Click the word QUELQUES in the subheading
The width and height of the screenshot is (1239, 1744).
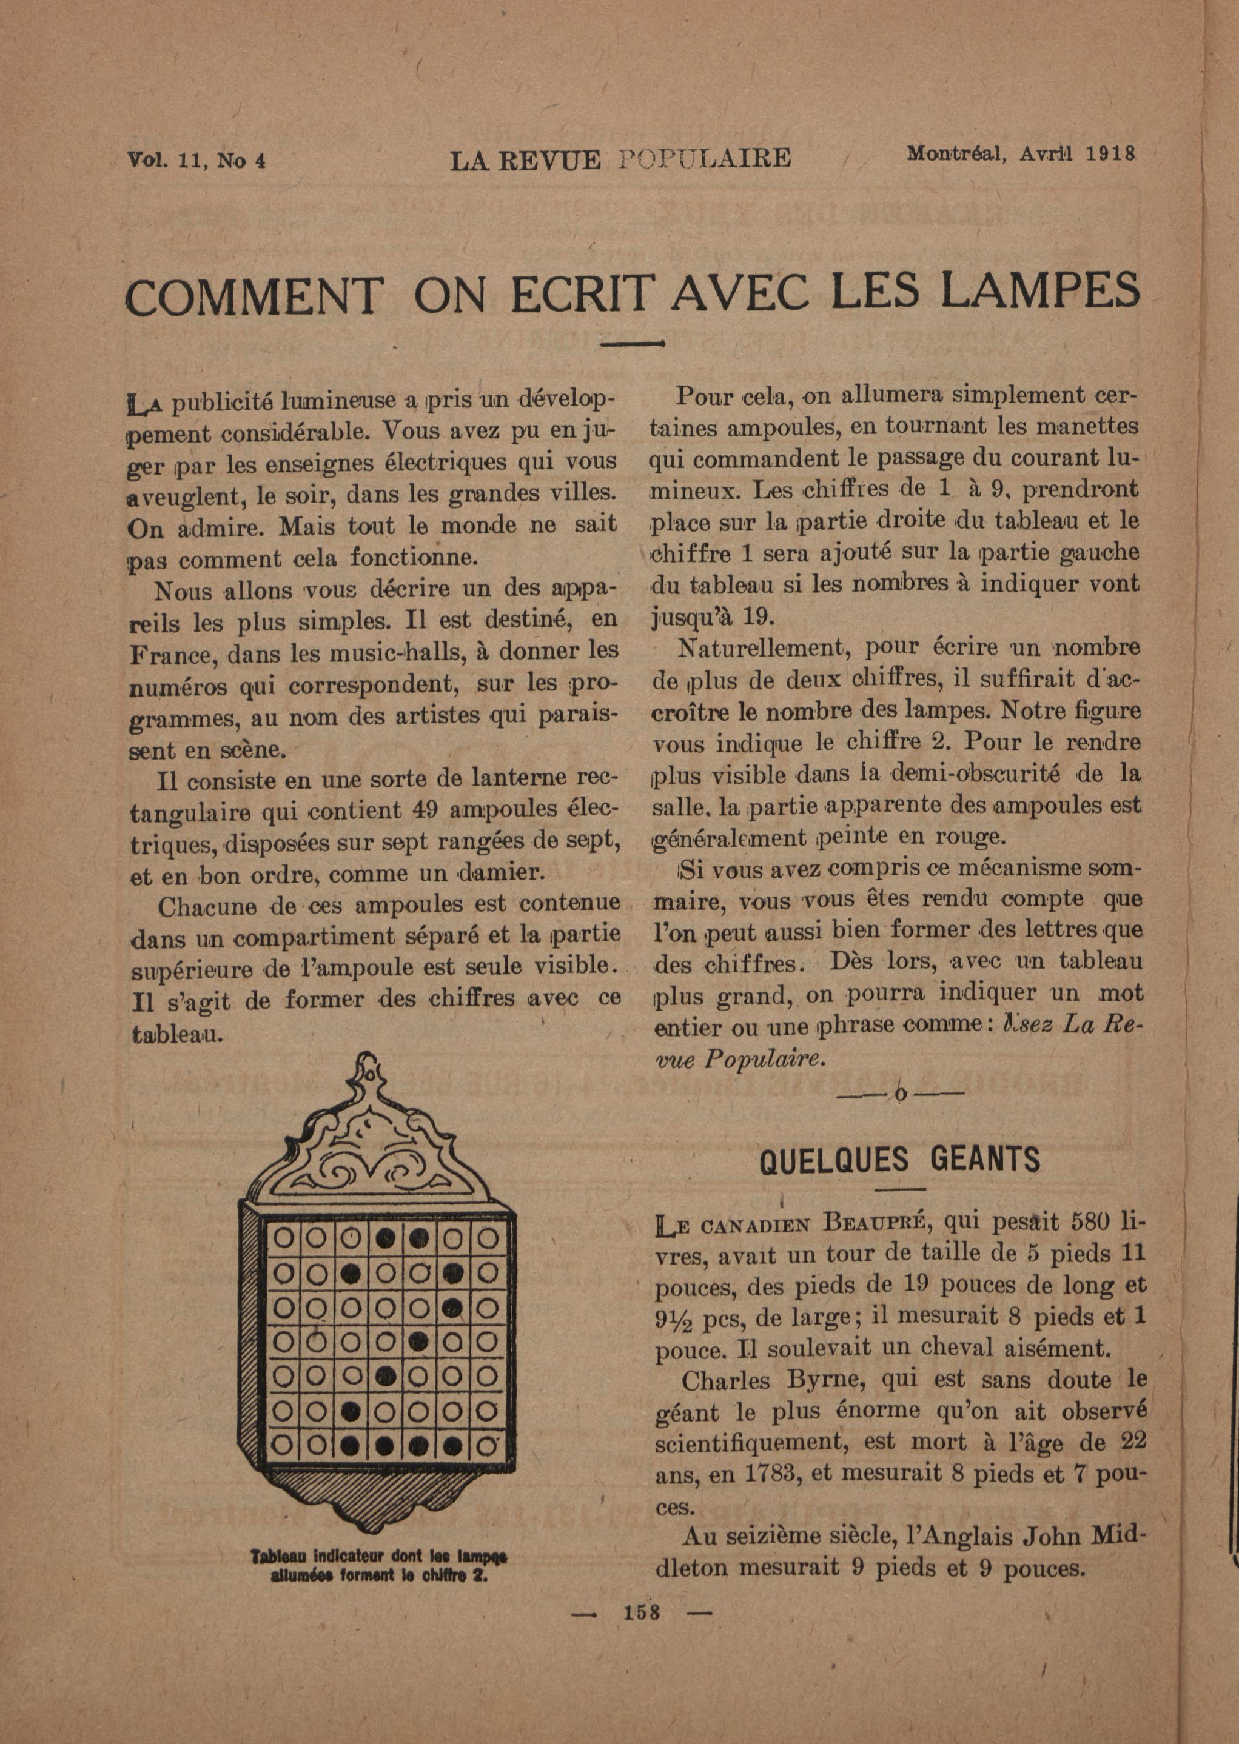coord(834,1160)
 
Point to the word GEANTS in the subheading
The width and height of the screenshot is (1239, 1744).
coord(985,1160)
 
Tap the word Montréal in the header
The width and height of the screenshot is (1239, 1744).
coord(952,154)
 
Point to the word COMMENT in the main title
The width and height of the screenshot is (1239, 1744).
coord(254,295)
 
